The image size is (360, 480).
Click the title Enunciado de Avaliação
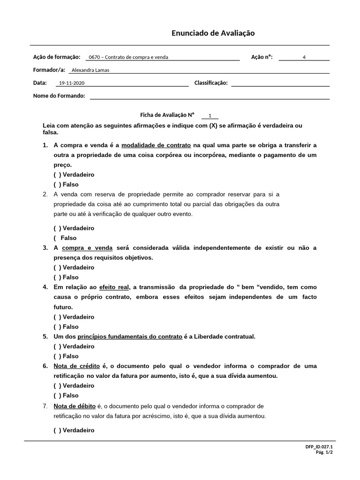(x=213, y=33)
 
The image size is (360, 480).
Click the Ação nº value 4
(x=304, y=58)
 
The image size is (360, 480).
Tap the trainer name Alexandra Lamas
(x=90, y=71)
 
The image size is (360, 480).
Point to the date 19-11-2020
(x=71, y=83)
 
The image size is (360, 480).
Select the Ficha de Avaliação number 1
(x=210, y=115)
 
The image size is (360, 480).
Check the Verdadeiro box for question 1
(x=57, y=175)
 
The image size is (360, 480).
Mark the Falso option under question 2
(x=57, y=238)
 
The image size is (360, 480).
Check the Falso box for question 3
(x=57, y=277)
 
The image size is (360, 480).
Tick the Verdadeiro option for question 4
(x=57, y=317)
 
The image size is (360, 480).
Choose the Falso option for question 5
(x=57, y=356)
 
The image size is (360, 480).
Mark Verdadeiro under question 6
(x=57, y=386)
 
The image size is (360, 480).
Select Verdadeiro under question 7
(x=57, y=430)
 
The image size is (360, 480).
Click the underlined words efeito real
(x=114, y=287)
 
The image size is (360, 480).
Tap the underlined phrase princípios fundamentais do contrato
(x=130, y=337)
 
